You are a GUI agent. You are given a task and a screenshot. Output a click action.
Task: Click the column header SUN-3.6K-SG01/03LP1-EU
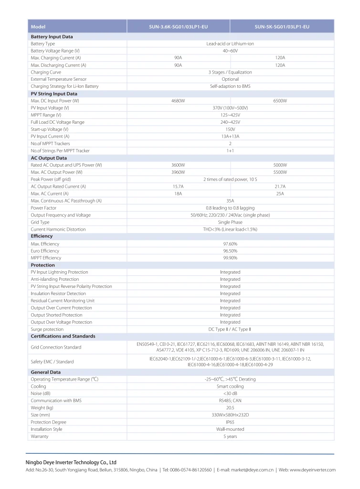(x=178, y=27)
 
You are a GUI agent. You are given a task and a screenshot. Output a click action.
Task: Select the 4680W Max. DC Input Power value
(x=178, y=101)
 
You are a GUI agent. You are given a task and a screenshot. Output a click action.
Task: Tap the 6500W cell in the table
(x=280, y=101)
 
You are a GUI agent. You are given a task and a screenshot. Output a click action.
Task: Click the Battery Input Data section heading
(x=52, y=36)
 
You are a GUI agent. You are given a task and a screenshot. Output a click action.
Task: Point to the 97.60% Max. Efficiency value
(x=230, y=244)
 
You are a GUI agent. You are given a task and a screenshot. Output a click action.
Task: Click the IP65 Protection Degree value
(x=230, y=422)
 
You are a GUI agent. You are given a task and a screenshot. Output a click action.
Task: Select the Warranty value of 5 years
(x=230, y=436)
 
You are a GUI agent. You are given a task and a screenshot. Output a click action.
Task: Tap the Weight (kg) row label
(x=42, y=408)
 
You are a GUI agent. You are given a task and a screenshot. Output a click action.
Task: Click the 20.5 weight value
(x=230, y=408)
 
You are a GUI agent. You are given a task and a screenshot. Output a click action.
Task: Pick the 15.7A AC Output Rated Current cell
(x=178, y=186)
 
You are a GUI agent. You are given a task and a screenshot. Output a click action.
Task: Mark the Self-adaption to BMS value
(x=230, y=86)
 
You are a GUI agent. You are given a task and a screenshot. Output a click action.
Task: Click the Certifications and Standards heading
(x=63, y=336)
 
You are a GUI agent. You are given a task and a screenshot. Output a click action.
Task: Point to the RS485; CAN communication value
(x=230, y=401)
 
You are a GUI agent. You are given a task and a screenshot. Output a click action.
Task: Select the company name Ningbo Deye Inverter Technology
(x=71, y=462)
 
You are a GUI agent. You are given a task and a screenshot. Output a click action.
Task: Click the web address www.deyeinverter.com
(x=313, y=470)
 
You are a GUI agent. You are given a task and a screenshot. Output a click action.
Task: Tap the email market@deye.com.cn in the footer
(x=245, y=470)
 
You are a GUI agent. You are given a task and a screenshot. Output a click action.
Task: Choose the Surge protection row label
(x=47, y=330)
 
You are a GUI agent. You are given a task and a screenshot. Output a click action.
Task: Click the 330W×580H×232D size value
(x=230, y=415)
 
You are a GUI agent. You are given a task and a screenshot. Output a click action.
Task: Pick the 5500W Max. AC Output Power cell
(x=280, y=172)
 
